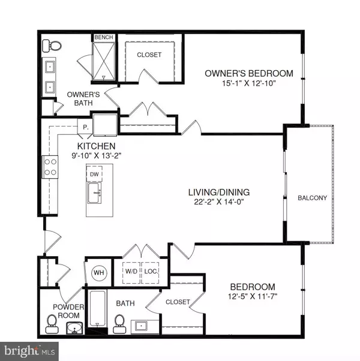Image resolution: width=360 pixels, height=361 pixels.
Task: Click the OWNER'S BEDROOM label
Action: [x=249, y=74]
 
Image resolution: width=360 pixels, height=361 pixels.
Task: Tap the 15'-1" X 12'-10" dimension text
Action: [x=249, y=84]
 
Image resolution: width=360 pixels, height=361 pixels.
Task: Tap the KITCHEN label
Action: [x=96, y=146]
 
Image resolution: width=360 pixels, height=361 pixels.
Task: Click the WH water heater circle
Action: [x=98, y=273]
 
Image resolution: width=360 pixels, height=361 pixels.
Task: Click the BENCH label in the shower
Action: [x=104, y=38]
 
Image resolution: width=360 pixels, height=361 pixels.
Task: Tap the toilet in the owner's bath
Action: [x=53, y=45]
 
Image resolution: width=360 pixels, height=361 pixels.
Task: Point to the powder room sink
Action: [x=75, y=329]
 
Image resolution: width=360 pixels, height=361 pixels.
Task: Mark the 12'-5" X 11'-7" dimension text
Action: [x=251, y=296]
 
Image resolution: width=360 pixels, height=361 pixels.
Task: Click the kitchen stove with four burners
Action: [x=49, y=166]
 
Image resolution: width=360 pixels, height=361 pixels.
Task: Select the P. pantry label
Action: [x=86, y=127]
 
